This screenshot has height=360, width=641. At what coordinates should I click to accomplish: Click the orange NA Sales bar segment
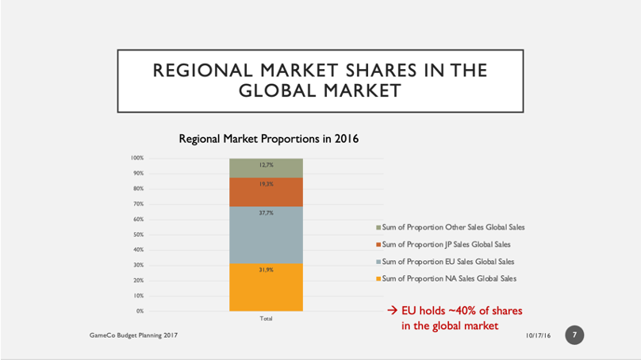click(x=266, y=290)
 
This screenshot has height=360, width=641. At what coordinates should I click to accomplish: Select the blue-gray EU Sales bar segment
click(x=266, y=238)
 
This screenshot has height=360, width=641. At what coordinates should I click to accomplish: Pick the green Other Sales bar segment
click(x=266, y=170)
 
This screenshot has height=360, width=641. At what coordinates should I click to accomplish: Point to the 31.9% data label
click(x=267, y=270)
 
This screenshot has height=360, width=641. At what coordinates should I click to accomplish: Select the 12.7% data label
click(x=267, y=165)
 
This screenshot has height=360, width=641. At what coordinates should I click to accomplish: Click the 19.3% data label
click(x=267, y=184)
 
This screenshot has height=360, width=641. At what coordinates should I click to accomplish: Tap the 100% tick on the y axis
click(x=137, y=159)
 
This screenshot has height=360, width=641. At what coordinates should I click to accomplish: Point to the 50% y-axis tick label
click(x=138, y=235)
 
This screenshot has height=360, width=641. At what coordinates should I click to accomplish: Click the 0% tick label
click(x=140, y=311)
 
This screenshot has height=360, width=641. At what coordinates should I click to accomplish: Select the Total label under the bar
click(x=267, y=319)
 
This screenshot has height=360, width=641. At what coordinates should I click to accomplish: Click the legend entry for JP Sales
click(x=445, y=244)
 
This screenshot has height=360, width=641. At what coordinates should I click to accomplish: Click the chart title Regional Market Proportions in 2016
click(x=269, y=140)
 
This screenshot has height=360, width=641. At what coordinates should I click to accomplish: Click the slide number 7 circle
click(x=574, y=335)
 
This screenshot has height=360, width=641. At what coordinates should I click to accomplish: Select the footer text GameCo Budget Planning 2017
click(x=133, y=336)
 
